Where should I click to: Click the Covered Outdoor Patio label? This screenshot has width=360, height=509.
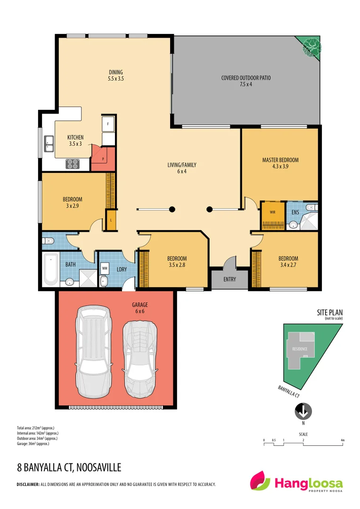tap(246, 81)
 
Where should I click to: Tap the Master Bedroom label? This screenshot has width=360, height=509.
tap(280, 163)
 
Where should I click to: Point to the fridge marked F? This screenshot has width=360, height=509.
tap(108, 124)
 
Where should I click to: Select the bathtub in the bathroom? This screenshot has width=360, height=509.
tap(50, 269)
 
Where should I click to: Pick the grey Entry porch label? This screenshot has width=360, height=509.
tap(229, 279)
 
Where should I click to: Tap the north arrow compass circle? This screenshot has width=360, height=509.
tap(303, 412)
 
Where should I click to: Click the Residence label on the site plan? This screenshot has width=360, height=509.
tap(300, 349)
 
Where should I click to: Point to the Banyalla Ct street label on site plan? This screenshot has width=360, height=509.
tap(288, 391)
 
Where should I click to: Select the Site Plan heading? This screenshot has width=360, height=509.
tap(329, 312)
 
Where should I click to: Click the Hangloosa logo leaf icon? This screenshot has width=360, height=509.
tap(261, 481)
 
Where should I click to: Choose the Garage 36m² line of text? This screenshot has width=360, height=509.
tap(33, 443)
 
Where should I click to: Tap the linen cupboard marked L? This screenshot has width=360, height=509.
tap(110, 221)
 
